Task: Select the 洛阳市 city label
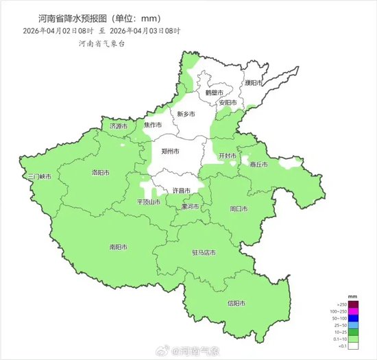pyautogui.click(x=101, y=173)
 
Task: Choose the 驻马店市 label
pyautogui.click(x=204, y=252)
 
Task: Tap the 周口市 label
pyautogui.click(x=239, y=208)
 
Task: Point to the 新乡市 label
pyautogui.click(x=186, y=114)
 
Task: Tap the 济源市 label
pyautogui.click(x=118, y=126)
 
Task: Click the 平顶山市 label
pyautogui.click(x=149, y=202)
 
